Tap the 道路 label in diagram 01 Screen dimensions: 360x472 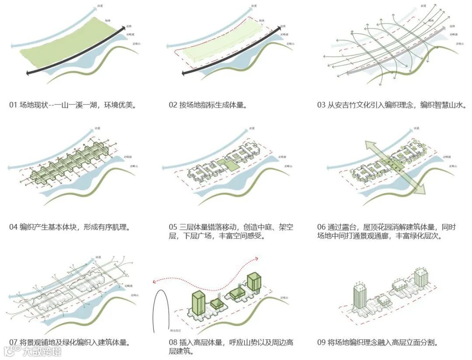[129, 27]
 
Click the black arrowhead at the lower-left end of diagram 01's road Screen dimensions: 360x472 [29, 73]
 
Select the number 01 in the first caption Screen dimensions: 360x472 [13, 105]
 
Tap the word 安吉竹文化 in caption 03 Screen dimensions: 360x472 [348, 105]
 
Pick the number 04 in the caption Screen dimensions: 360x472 [13, 227]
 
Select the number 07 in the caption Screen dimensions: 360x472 [13, 342]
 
